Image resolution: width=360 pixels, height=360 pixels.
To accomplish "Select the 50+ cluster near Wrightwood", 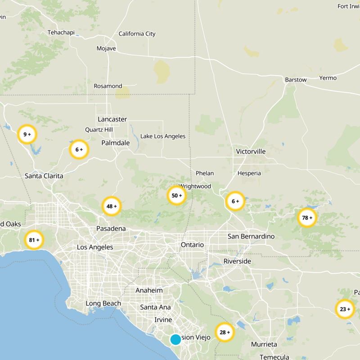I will (177, 195).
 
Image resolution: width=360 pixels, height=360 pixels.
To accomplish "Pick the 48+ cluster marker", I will (112, 206).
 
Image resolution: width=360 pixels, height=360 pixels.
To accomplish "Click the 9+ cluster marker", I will (27, 134).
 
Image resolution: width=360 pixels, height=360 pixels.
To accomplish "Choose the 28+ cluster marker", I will (225, 332).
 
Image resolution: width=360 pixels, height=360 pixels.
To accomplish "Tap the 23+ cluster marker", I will (345, 309).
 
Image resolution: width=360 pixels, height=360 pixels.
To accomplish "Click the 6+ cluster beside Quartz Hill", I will (79, 149).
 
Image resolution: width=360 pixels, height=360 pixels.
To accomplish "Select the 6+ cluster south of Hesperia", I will (235, 201).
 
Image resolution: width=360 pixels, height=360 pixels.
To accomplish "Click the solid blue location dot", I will (175, 339).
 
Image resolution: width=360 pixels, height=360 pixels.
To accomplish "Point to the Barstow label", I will (296, 80).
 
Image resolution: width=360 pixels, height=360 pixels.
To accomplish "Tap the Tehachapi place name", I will (63, 32).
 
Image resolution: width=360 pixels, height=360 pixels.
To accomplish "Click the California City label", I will (137, 34).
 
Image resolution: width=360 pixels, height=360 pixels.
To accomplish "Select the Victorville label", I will (251, 152).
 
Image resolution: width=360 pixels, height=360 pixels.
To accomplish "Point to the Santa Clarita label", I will (44, 175).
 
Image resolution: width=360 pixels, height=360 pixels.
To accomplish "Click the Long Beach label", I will (103, 303).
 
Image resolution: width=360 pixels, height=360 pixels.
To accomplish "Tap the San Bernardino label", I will (251, 236).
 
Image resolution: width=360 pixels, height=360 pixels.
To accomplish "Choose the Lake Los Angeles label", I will (163, 136).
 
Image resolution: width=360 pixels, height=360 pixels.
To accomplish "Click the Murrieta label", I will (264, 344).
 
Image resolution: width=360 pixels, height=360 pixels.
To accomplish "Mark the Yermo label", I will (328, 78).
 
